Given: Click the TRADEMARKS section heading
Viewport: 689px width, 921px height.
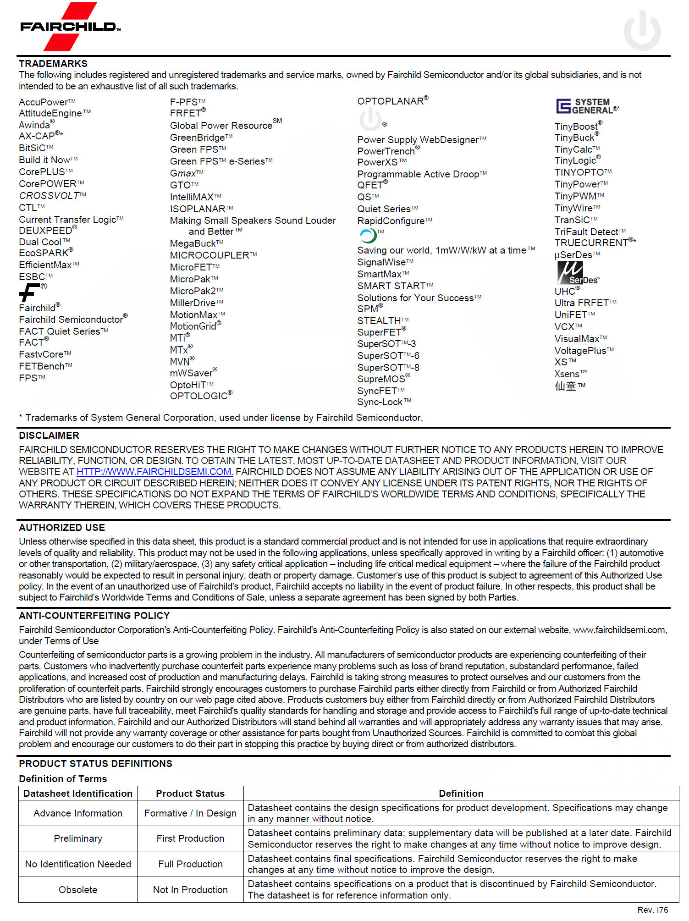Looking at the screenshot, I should pos(53,64).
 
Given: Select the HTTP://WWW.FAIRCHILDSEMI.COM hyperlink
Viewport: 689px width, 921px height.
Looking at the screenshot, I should pos(154,472).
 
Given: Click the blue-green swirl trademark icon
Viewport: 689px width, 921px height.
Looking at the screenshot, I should pos(368,236).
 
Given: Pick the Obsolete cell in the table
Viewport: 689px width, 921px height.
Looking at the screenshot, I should pos(78,890).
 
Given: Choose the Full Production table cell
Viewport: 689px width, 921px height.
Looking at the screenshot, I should pos(190,864).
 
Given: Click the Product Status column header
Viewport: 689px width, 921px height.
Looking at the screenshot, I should pos(190,794).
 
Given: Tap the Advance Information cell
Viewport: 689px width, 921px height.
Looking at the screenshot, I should pos(78,813).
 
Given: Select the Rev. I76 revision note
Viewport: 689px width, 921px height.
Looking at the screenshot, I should pos(652,910).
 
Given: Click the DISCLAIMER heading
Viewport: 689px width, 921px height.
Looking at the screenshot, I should pos(49,436).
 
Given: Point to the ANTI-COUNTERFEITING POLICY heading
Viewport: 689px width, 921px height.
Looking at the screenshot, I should pos(94,616).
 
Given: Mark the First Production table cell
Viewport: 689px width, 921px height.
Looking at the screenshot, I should pos(190,838).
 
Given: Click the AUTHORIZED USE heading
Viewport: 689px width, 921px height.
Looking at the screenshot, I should pos(62,528).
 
